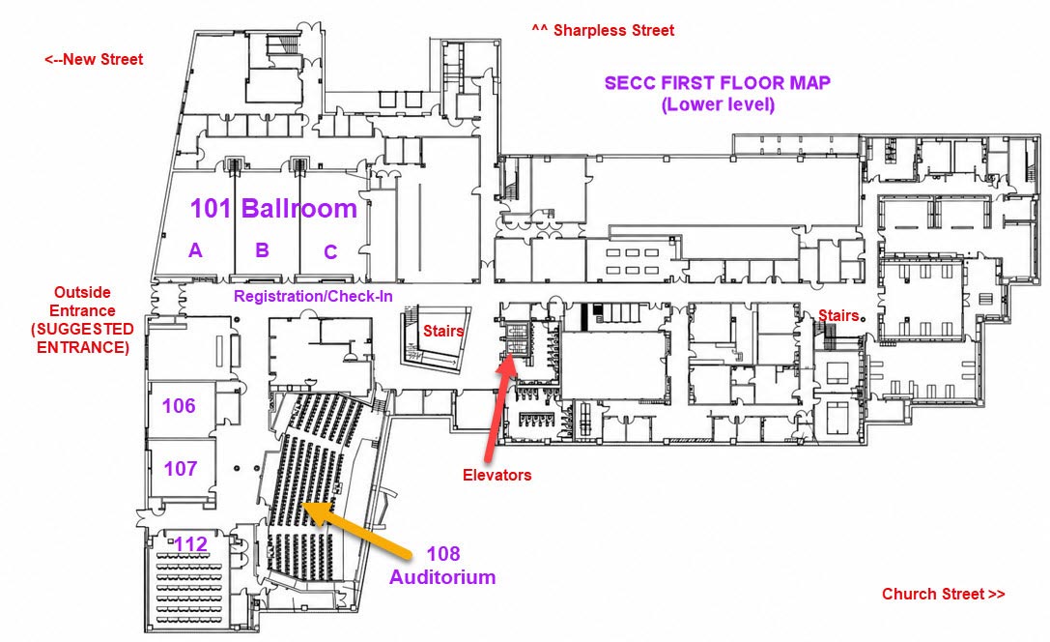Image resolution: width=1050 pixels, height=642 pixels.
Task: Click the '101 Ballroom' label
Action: tap(273, 209)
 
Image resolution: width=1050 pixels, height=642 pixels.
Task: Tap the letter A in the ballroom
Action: tap(195, 250)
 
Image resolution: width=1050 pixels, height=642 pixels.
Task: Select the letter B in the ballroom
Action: tap(262, 250)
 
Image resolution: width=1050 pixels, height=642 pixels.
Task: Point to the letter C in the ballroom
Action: tap(330, 252)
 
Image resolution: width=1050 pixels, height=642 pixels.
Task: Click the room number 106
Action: tap(179, 405)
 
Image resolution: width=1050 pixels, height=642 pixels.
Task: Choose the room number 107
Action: tap(181, 468)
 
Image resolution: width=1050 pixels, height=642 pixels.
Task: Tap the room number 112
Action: tap(191, 543)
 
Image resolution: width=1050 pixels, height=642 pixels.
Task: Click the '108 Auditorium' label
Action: tap(442, 565)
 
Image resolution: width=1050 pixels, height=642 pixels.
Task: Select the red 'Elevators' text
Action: tap(497, 475)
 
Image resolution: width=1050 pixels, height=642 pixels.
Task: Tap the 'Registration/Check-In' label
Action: tap(313, 296)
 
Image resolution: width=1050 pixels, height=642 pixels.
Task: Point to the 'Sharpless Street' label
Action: tap(604, 30)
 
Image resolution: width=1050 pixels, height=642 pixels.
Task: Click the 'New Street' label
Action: tap(94, 59)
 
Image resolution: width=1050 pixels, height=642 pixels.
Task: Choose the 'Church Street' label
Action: tap(944, 594)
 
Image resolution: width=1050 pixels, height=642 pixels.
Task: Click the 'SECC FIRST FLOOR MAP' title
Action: tap(718, 83)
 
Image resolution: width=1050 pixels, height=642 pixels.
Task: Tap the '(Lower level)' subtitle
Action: tap(718, 104)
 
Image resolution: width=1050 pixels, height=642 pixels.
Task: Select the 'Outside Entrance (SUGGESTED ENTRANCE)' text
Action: tap(82, 320)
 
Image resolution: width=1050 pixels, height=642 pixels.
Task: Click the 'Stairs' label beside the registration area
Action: tap(443, 331)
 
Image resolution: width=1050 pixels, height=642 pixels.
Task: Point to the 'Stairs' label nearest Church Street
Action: tap(838, 315)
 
